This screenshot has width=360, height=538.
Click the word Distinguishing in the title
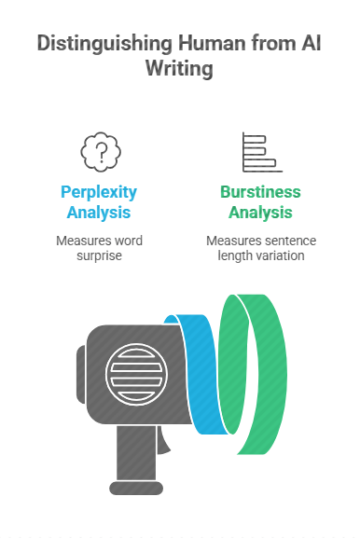[104, 44]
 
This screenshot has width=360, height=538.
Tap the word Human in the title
[212, 43]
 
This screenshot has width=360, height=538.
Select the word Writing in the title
[179, 69]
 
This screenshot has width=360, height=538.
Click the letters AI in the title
[312, 43]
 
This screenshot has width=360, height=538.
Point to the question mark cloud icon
[101, 152]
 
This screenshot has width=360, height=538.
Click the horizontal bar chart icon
[262, 152]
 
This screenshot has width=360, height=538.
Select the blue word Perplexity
[99, 193]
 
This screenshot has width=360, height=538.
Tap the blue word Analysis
[99, 213]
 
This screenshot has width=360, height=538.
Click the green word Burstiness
[260, 192]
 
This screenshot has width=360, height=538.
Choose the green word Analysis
[260, 213]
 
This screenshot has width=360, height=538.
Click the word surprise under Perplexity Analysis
[99, 256]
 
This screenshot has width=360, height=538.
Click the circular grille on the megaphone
[136, 374]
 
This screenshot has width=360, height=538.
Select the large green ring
[271, 374]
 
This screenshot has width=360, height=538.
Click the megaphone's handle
[136, 453]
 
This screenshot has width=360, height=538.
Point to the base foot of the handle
[136, 488]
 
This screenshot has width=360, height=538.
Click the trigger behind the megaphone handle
[162, 440]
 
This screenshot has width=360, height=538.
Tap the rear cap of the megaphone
[81, 374]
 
